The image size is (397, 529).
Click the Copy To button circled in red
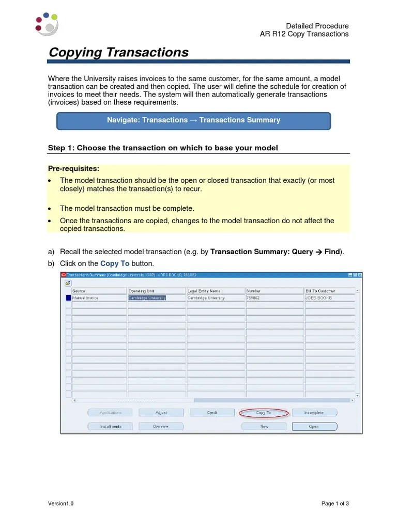point(264,413)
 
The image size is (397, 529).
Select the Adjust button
point(161,413)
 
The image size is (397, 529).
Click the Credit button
point(212,413)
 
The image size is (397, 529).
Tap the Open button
point(314,427)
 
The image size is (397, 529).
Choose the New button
point(264,427)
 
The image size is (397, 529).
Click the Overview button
point(161,427)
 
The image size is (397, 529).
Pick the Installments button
point(110,427)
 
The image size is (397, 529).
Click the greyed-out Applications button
point(110,413)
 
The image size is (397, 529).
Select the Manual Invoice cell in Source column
point(99,298)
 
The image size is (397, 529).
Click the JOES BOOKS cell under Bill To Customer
point(329,298)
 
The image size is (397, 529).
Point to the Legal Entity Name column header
point(216,291)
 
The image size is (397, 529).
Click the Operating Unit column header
point(157,291)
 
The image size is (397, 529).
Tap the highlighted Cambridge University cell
point(147,298)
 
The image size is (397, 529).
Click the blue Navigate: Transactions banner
point(193,120)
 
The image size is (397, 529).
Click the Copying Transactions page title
point(118,52)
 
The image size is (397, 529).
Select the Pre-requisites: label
point(73,169)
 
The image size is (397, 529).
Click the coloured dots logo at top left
point(47,24)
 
